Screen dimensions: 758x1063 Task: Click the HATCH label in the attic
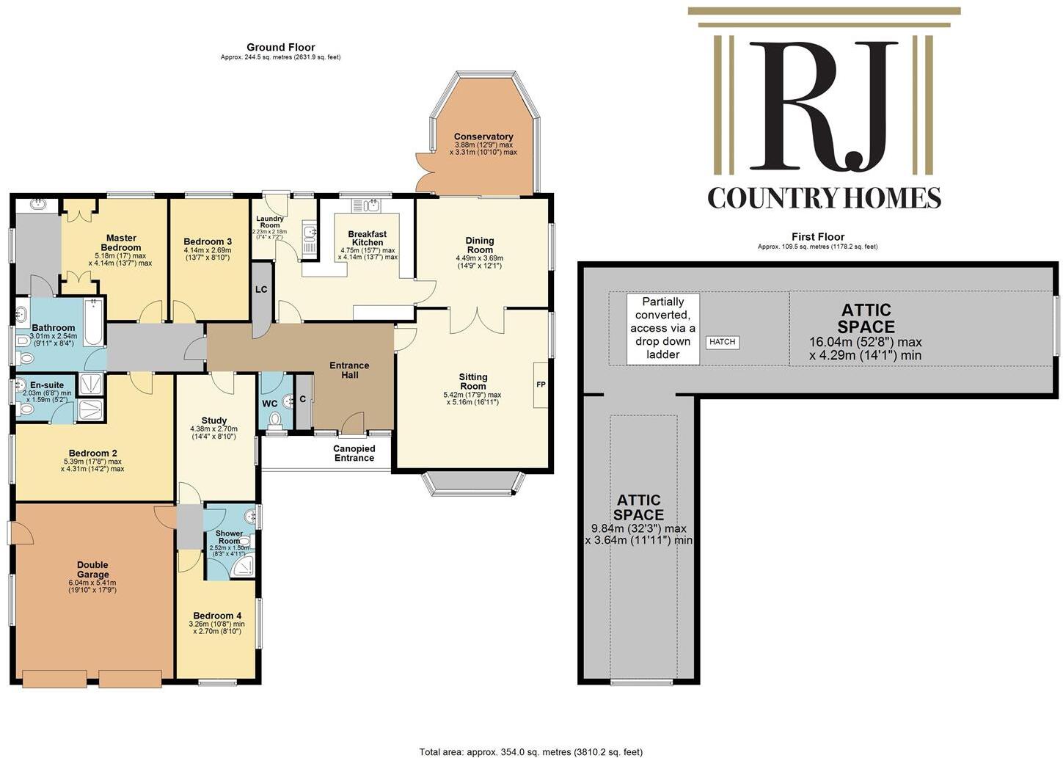coord(722,342)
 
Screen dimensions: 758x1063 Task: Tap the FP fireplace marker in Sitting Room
coord(541,385)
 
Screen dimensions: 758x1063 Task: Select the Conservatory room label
coord(483,137)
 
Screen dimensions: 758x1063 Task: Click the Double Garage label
coord(93,569)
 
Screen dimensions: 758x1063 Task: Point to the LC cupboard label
coord(261,289)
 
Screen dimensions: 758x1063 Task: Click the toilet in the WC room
coord(276,420)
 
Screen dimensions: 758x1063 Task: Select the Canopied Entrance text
coord(354,453)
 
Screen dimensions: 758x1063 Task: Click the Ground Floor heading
coord(280,47)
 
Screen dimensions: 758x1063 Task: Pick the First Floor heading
coord(817,236)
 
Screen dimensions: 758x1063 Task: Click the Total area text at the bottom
coord(530,751)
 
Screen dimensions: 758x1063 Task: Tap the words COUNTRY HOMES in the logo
coord(824,198)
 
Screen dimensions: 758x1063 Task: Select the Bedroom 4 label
coord(217,616)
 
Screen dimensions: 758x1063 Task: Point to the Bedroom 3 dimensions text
coord(208,254)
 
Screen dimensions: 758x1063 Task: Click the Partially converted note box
coord(662,328)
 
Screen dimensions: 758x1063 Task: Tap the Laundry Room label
coord(270,222)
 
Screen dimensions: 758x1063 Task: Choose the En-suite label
coord(47,385)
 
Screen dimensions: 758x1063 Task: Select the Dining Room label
coord(480,245)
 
